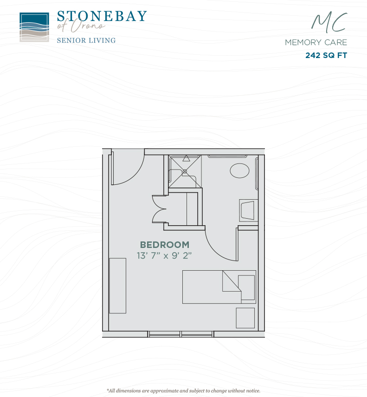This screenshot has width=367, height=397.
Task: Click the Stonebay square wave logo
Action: [34, 27]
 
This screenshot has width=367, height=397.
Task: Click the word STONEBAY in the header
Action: [102, 16]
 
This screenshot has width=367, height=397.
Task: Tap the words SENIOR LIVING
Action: [86, 40]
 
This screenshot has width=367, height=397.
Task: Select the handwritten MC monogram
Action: [329, 23]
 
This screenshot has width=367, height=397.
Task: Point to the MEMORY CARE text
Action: [316, 42]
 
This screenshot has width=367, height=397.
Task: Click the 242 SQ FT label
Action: [326, 55]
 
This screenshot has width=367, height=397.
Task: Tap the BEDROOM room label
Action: [165, 245]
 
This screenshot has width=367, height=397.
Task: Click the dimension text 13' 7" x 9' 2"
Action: [164, 256]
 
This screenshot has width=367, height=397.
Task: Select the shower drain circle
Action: [185, 171]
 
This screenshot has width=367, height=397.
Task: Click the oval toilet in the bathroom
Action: [239, 171]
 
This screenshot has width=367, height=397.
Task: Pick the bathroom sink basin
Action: [247, 210]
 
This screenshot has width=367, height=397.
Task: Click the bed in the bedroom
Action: [219, 287]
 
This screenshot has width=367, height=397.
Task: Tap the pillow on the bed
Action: [246, 287]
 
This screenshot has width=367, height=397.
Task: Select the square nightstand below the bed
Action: [245, 318]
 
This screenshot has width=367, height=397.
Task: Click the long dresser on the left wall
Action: [117, 286]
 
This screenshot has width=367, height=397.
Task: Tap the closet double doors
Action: [159, 209]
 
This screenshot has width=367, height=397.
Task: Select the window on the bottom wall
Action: [181, 334]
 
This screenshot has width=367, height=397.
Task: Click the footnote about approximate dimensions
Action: [183, 391]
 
